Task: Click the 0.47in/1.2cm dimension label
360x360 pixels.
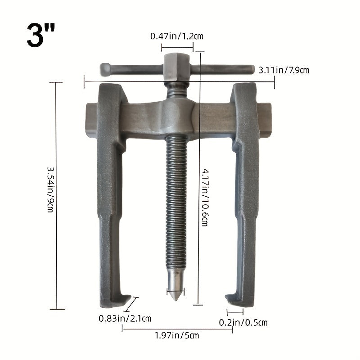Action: [x=177, y=36]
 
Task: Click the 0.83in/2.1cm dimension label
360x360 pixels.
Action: [x=125, y=319]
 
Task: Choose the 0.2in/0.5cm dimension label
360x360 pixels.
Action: [x=243, y=322]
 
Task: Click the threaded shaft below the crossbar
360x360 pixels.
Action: [x=175, y=202]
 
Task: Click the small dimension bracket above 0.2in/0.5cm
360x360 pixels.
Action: [x=235, y=311]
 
